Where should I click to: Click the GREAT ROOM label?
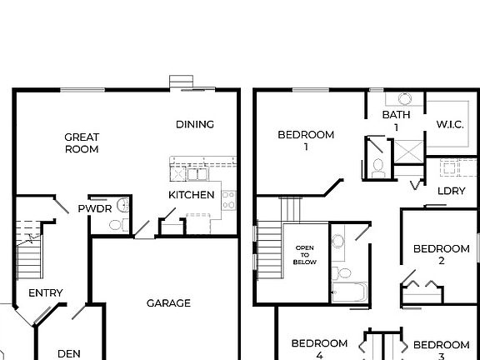tap(82, 143)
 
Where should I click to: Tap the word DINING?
tap(195, 124)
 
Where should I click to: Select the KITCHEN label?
tap(192, 195)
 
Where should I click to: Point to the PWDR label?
tap(94, 208)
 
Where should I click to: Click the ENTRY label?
tap(46, 293)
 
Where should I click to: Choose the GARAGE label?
tap(168, 303)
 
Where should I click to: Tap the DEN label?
tap(69, 353)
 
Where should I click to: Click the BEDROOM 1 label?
tap(306, 140)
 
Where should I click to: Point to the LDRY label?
tap(451, 190)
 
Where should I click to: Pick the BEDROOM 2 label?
tap(442, 254)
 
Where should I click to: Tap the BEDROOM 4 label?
tap(319, 348)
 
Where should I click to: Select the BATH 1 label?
tap(396, 120)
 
